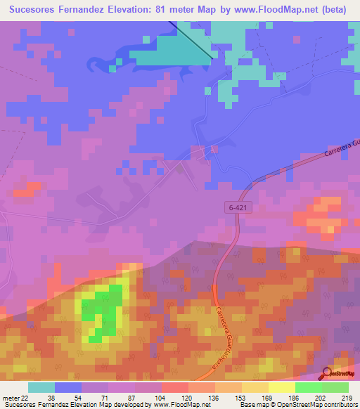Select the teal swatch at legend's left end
point(41,387)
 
